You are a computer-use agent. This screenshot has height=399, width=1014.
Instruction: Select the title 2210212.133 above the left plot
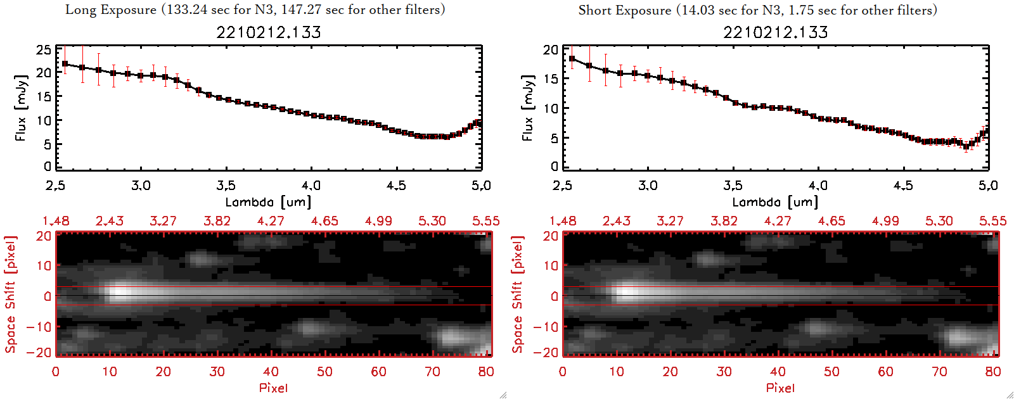click(269, 32)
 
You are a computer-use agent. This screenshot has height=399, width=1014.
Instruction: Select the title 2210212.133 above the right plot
click(776, 32)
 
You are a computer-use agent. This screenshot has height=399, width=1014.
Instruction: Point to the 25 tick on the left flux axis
click(44, 49)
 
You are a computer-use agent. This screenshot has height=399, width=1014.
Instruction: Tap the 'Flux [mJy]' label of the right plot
click(527, 108)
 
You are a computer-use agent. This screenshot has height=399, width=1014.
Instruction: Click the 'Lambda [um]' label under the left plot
click(268, 202)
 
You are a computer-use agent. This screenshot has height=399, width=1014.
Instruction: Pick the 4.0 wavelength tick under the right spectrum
click(818, 186)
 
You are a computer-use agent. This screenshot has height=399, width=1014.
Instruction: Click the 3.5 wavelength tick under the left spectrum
click(226, 186)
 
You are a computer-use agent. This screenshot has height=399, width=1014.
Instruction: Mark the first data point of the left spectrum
click(65, 64)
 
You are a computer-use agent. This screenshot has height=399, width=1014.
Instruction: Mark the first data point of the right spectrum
click(572, 59)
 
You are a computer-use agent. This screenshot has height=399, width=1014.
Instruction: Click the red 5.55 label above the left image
click(485, 221)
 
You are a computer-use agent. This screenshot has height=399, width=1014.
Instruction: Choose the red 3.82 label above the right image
click(724, 221)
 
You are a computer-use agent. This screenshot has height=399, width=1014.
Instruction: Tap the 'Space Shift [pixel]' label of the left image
click(10, 294)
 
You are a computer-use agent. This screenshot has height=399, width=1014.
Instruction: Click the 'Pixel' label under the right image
click(780, 388)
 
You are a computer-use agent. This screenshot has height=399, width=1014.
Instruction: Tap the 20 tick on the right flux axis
click(551, 49)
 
